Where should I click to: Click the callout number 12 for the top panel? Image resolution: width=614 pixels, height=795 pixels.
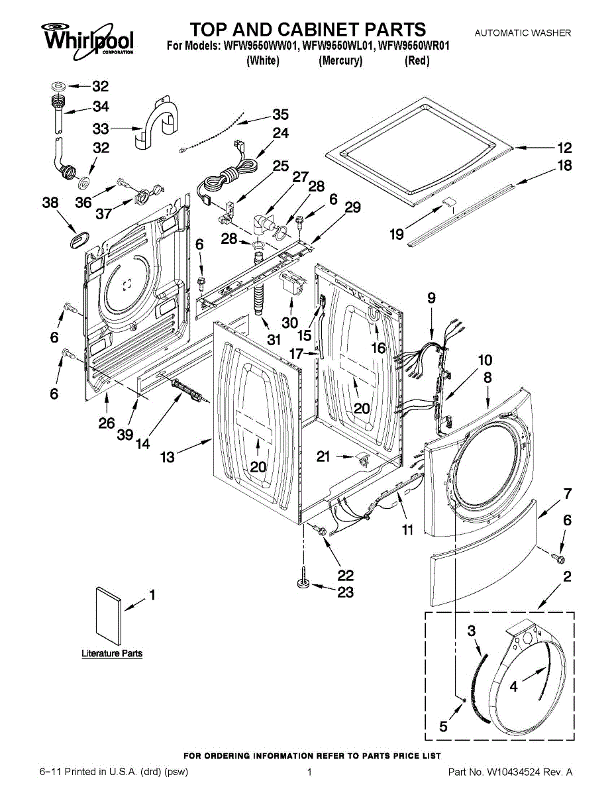tap(564, 148)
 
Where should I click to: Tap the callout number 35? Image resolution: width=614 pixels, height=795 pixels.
tap(281, 114)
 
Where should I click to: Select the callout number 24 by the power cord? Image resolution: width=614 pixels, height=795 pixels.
tap(281, 133)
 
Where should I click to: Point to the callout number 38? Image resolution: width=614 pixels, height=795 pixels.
tap(51, 204)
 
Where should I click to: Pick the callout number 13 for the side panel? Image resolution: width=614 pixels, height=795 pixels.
tap(168, 457)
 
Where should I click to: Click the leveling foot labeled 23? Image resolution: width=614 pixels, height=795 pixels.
tap(304, 584)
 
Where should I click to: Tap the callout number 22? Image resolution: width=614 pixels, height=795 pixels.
tap(345, 575)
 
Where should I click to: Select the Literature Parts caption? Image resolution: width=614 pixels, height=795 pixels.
tap(112, 654)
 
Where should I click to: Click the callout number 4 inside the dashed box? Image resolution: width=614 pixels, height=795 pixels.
tap(514, 688)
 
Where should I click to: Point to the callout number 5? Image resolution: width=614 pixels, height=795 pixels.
tap(443, 727)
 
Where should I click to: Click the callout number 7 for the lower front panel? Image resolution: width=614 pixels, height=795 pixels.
tap(567, 494)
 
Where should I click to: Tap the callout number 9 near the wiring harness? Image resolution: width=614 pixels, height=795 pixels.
tap(431, 299)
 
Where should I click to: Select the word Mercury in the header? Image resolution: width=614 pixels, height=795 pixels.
tap(340, 61)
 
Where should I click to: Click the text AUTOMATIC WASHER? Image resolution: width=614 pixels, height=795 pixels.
tap(523, 33)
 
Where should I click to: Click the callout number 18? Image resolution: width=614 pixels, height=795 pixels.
tap(564, 166)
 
